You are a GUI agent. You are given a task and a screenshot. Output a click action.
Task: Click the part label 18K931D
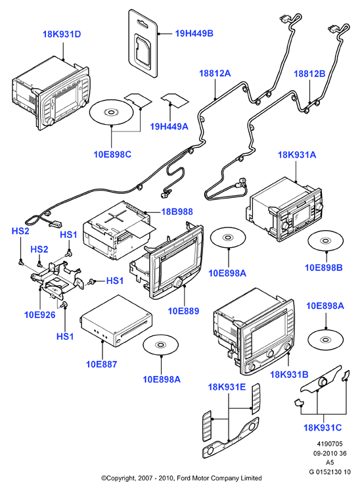click(62, 34)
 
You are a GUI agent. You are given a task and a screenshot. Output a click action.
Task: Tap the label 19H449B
click(194, 33)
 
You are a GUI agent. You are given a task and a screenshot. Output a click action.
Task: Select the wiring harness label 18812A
click(215, 73)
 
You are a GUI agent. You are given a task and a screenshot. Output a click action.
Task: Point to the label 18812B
click(309, 74)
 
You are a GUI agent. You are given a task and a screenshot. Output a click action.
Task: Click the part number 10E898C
click(113, 154)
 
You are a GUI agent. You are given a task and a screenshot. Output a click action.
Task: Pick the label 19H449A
click(169, 126)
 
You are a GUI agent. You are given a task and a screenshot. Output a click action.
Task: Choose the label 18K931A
click(297, 154)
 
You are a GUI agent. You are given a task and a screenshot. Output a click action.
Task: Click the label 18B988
click(177, 212)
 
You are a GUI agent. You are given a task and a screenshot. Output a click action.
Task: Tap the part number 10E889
click(183, 311)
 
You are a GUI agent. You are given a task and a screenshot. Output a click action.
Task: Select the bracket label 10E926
click(40, 315)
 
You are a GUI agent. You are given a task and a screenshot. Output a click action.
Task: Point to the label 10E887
click(101, 364)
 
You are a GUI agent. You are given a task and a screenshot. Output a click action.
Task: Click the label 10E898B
click(324, 268)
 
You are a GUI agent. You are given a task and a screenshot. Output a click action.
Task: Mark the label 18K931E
click(227, 387)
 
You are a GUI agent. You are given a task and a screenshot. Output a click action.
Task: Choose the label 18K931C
click(323, 427)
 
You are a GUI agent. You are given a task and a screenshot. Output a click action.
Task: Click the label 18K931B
click(289, 375)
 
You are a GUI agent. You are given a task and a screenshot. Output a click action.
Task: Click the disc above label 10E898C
click(112, 112)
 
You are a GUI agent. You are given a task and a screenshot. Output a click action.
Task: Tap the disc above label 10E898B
click(326, 241)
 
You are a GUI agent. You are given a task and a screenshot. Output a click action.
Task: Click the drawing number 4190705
click(330, 444)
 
